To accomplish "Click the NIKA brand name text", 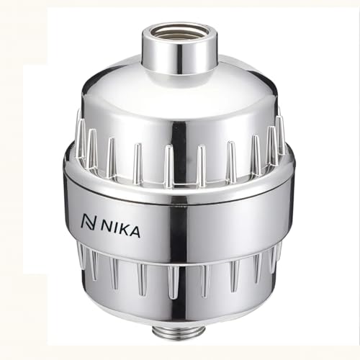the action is pyautogui.click(x=121, y=228).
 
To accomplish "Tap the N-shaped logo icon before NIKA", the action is pyautogui.click(x=89, y=221).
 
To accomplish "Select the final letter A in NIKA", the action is pyautogui.click(x=135, y=232).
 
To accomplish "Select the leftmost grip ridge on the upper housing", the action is pyautogui.click(x=81, y=135).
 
